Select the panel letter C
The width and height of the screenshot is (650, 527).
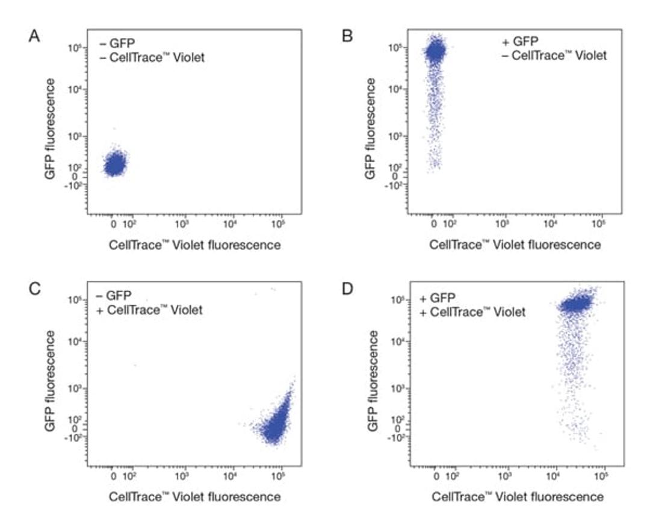pos(35,288)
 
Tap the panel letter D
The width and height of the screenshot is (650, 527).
pos(348,288)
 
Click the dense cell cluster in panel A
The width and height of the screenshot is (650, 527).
pos(114,164)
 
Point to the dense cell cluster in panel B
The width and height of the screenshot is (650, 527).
pos(435,52)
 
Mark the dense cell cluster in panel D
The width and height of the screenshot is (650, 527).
pos(575,304)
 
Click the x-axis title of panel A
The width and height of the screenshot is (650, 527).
pos(194,245)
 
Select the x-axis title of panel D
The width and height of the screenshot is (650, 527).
pos(518,497)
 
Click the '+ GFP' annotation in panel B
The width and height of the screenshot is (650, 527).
pos(521,43)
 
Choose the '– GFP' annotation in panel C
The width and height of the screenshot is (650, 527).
pos(115,296)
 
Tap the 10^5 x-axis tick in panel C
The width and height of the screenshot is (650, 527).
pos(277,476)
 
